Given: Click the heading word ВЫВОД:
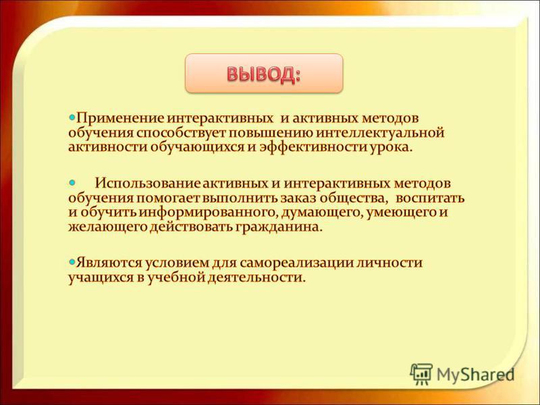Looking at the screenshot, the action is coord(264,74).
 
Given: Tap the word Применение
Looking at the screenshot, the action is coord(120,119).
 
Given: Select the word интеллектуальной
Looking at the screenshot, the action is coord(380,133).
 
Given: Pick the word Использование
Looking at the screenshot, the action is coord(147,183).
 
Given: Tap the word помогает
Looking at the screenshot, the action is coord(168,199).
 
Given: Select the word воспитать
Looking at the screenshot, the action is coord(430,198).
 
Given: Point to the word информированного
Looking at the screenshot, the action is coord(208,213).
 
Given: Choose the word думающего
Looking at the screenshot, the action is coord(322,213).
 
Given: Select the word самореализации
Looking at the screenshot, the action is coord(296,263).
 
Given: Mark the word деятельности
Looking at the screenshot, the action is coord(256,277).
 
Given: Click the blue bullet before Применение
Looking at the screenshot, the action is coord(72,118).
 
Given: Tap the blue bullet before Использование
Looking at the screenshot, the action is coord(72,182).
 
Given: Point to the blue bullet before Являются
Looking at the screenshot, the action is coord(72,262).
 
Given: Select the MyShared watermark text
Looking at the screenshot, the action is coord(475,375).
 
